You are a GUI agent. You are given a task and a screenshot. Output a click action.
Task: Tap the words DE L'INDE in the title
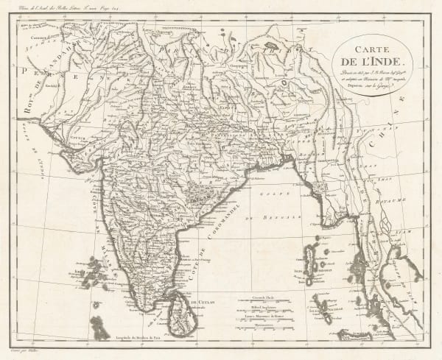coord(376,64)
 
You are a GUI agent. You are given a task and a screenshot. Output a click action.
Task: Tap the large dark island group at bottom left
coord(99,324)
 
